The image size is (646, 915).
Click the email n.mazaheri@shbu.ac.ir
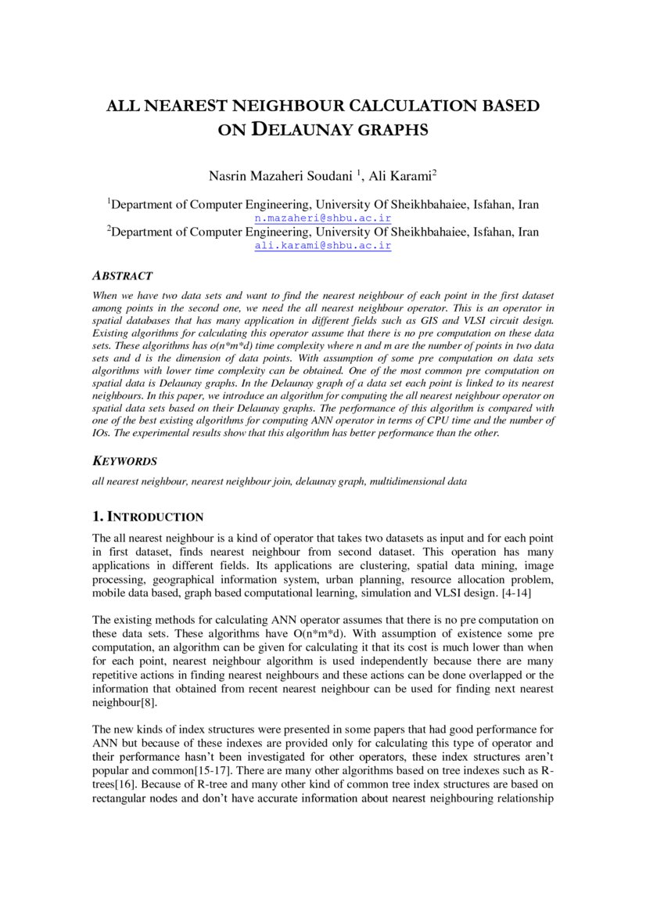pyautogui.click(x=323, y=218)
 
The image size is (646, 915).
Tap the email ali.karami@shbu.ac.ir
pyautogui.click(x=323, y=245)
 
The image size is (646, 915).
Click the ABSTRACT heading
pyautogui.click(x=123, y=276)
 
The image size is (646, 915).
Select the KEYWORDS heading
pyautogui.click(x=125, y=461)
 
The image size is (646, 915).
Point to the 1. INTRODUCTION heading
pyautogui.click(x=148, y=517)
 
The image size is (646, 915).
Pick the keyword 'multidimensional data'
pyautogui.click(x=418, y=482)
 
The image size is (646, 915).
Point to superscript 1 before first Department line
pyautogui.click(x=109, y=202)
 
